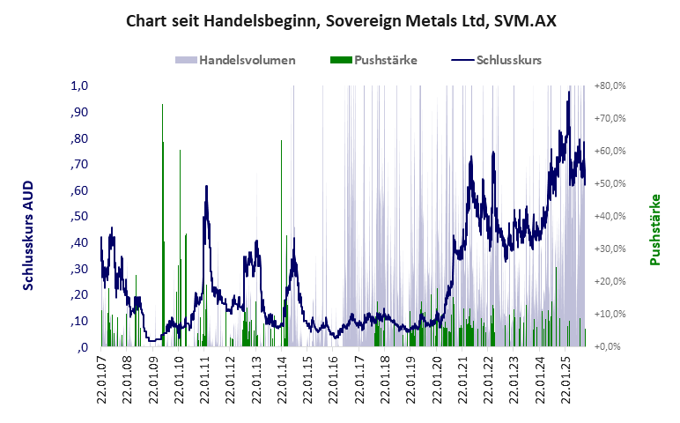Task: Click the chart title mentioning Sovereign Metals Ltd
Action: pyautogui.click(x=340, y=20)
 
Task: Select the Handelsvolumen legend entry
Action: pyautogui.click(x=235, y=61)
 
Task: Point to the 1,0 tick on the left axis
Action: pyautogui.click(x=80, y=86)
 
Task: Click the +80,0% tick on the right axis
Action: pyautogui.click(x=610, y=86)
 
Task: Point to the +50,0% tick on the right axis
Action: pyautogui.click(x=610, y=183)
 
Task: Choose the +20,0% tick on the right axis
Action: pyautogui.click(x=610, y=281)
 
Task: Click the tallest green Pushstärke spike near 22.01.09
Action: pyautogui.click(x=162, y=110)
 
